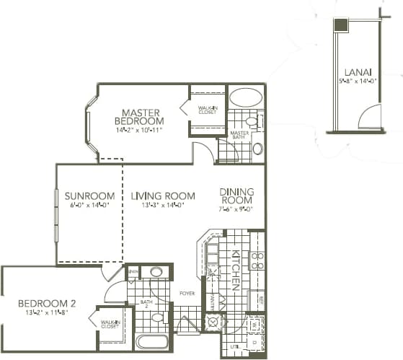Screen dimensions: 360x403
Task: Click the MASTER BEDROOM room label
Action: click(141, 117)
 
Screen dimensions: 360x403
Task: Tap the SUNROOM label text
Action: click(89, 196)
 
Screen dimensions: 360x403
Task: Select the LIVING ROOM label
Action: click(163, 196)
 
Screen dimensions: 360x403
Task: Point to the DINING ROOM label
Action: click(236, 196)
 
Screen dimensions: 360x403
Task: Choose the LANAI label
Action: click(354, 72)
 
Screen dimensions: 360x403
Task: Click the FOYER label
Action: click(188, 294)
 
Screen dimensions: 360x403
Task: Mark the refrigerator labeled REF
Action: click(257, 297)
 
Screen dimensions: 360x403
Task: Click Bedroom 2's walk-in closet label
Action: click(110, 325)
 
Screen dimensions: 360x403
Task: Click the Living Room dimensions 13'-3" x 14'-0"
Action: click(163, 206)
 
